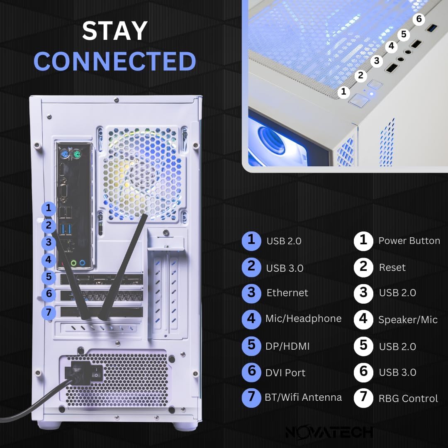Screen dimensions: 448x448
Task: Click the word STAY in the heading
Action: point(114,31)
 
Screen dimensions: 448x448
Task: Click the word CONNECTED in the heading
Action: point(114,61)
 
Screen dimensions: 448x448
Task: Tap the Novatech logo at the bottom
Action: point(329,431)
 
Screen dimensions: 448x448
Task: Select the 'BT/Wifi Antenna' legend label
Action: point(303,397)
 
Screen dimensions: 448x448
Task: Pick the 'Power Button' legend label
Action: point(409,241)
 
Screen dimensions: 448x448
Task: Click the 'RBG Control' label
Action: point(408,399)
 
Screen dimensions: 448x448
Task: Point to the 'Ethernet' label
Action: point(287,293)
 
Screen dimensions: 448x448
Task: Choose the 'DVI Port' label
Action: point(285,373)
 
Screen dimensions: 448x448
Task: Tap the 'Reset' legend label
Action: point(392,268)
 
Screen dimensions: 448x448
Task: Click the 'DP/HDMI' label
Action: point(287,346)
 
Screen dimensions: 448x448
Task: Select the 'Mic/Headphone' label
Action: point(303,319)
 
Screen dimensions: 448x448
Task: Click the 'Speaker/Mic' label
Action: point(408,320)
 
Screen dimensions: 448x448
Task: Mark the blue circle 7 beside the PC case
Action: point(49,312)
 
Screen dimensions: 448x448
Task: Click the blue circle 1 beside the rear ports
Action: point(49,208)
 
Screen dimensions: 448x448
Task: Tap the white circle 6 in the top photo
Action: point(419,19)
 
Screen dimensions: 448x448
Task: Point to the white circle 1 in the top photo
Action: point(343,92)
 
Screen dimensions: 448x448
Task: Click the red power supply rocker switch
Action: point(97,374)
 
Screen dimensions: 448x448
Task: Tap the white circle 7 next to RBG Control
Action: point(363,397)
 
